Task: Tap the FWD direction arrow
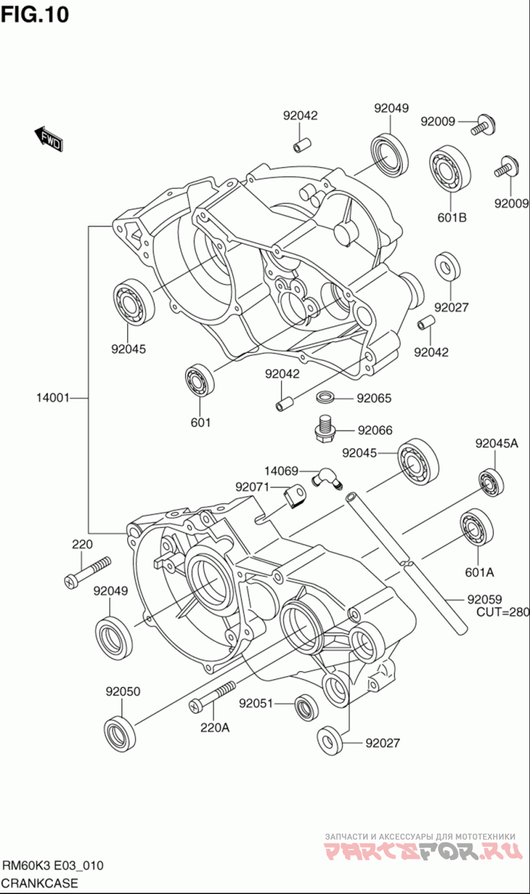coord(48,139)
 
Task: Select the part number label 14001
coord(53,398)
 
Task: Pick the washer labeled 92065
coord(326,397)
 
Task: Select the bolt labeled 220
coord(87,572)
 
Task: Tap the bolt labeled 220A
coord(212,696)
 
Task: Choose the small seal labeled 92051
coord(307,706)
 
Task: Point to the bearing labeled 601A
coord(476,529)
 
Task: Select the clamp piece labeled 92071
coord(295,497)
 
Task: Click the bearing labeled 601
coord(199,380)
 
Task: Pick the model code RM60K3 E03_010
coord(53,865)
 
